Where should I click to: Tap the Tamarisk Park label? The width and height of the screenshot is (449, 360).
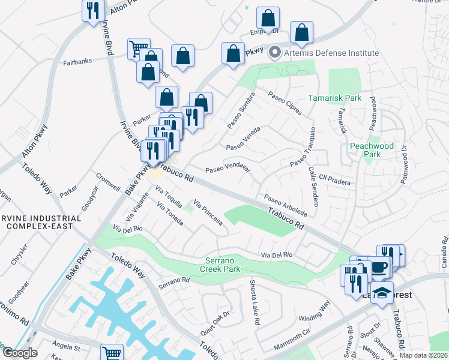click(x=335, y=97)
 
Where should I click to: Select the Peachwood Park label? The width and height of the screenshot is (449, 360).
click(x=372, y=150)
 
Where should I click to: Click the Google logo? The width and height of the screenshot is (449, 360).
click(x=20, y=353)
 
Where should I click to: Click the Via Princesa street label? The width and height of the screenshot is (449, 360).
click(x=208, y=214)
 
